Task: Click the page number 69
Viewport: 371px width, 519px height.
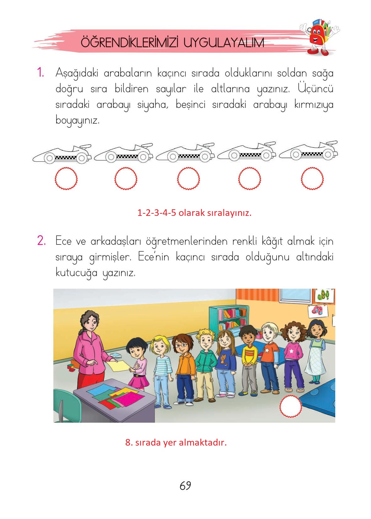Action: click(185, 485)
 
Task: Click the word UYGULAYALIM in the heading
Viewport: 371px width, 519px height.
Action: click(223, 43)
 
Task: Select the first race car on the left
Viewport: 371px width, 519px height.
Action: click(62, 154)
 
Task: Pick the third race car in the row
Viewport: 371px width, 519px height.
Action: click(185, 153)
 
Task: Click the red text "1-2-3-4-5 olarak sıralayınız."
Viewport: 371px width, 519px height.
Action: click(194, 213)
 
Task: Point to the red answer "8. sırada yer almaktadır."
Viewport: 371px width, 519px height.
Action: click(176, 442)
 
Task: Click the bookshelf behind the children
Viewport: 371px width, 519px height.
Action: click(229, 319)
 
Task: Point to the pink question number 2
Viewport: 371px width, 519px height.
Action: click(41, 241)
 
